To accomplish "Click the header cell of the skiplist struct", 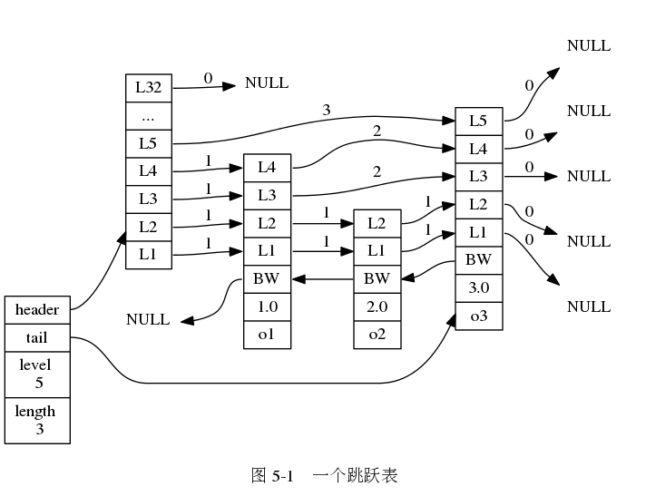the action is tap(37, 310).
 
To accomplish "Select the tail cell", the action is tap(37, 338).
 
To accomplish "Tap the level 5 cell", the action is tap(37, 374).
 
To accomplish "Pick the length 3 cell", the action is tap(37, 421).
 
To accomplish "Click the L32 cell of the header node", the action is tap(149, 88).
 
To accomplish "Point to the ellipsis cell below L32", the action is tap(149, 116).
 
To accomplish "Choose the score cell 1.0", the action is tap(268, 307).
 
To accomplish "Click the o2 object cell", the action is tap(377, 335).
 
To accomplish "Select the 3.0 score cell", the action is tap(479, 288).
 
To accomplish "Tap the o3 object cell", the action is tap(479, 316).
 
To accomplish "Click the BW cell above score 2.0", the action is tap(377, 279).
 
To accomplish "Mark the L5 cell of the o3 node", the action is tap(479, 122).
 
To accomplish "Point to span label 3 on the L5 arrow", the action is tap(327, 110).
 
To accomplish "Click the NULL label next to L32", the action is tap(267, 83).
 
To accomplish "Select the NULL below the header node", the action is tap(148, 319).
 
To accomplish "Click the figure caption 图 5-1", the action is tap(272, 476).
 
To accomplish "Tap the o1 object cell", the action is tap(268, 335).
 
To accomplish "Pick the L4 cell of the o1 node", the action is tap(268, 168).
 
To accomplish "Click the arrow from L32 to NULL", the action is tap(204, 87).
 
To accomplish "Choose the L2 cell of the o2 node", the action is tap(377, 223).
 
